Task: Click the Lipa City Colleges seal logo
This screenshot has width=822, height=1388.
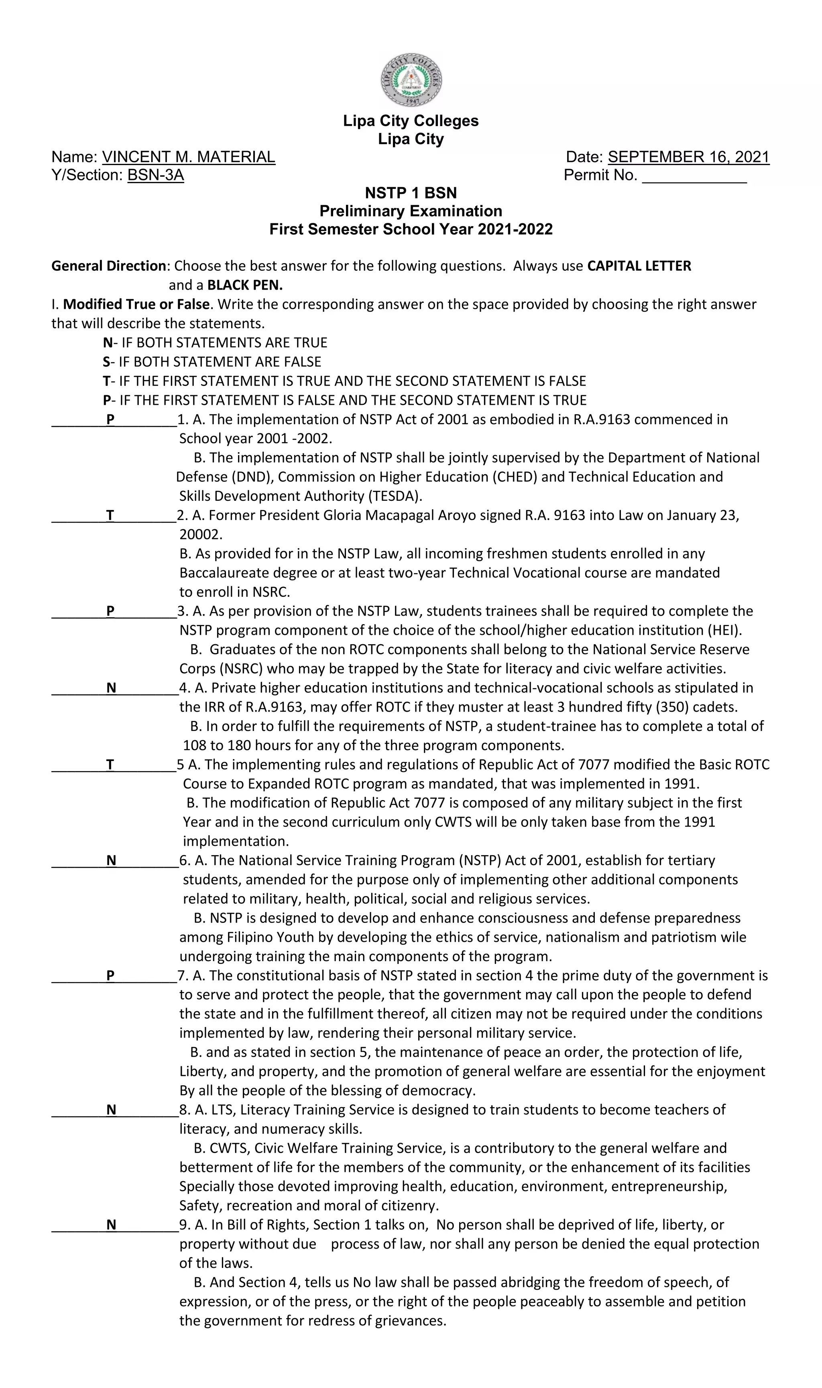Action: coord(411,80)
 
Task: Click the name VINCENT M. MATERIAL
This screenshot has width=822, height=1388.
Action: coord(188,157)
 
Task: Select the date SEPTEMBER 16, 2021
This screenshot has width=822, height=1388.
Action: coord(688,157)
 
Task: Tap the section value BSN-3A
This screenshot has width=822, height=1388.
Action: coord(156,176)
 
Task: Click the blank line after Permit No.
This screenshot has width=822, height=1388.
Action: coord(694,177)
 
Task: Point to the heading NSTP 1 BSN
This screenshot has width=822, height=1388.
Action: coord(411,193)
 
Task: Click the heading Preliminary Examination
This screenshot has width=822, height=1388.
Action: coord(411,211)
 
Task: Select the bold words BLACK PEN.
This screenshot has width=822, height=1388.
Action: coord(245,286)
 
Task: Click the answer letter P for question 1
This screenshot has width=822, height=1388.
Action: coord(110,420)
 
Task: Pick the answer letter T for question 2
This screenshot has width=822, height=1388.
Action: coord(110,516)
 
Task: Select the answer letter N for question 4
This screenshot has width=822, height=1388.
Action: coord(111,688)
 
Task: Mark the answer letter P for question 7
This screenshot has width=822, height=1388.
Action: coord(110,976)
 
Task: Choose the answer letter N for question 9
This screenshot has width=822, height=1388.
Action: coord(111,1225)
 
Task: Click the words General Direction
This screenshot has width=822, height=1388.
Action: coord(108,267)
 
